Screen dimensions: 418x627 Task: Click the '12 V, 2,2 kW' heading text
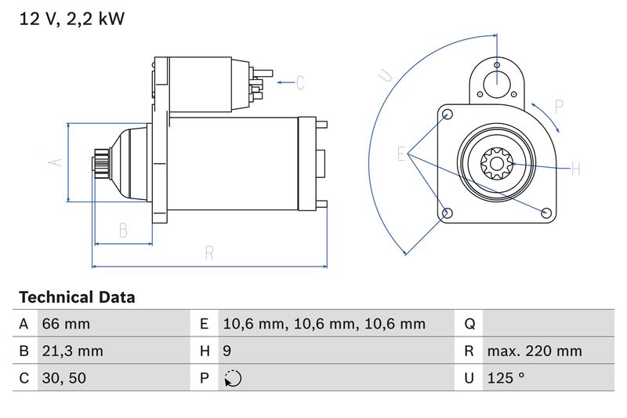click(x=71, y=19)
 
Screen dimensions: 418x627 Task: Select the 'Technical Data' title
click(x=77, y=298)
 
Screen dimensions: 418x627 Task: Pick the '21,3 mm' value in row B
click(x=71, y=351)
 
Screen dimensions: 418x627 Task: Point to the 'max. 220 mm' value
click(x=534, y=351)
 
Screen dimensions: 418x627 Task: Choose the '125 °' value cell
click(x=506, y=378)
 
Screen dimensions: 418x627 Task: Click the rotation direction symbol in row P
click(x=233, y=378)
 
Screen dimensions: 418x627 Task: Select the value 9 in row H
click(x=227, y=351)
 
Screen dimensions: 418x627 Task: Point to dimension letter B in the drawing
click(x=123, y=230)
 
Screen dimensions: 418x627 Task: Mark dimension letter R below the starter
click(x=209, y=253)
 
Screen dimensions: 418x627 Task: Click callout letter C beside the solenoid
click(x=299, y=82)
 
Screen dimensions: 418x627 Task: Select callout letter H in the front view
click(x=574, y=169)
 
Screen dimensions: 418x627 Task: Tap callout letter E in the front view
click(x=401, y=154)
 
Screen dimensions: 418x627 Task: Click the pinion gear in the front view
click(x=495, y=166)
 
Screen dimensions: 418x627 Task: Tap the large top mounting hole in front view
click(x=497, y=83)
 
